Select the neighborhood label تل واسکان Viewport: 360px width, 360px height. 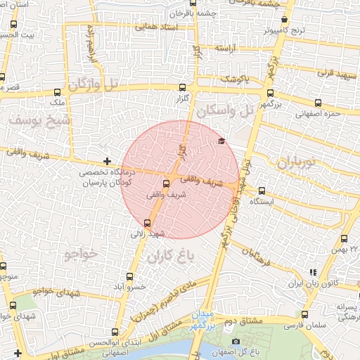coord(224,110)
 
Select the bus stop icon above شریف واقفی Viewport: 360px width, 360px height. coord(166,184)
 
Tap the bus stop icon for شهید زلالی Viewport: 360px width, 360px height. coord(146,223)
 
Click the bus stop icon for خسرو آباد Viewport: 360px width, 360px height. coord(129,276)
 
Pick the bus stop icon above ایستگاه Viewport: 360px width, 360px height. coord(262,191)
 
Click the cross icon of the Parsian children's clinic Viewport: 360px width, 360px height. coord(106,162)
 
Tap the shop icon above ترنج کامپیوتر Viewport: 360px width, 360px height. coord(284,20)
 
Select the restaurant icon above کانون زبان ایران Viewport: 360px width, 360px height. coord(313,272)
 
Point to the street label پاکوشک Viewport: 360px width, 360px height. coord(234,79)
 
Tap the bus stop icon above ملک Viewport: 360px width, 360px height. coord(57,92)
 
